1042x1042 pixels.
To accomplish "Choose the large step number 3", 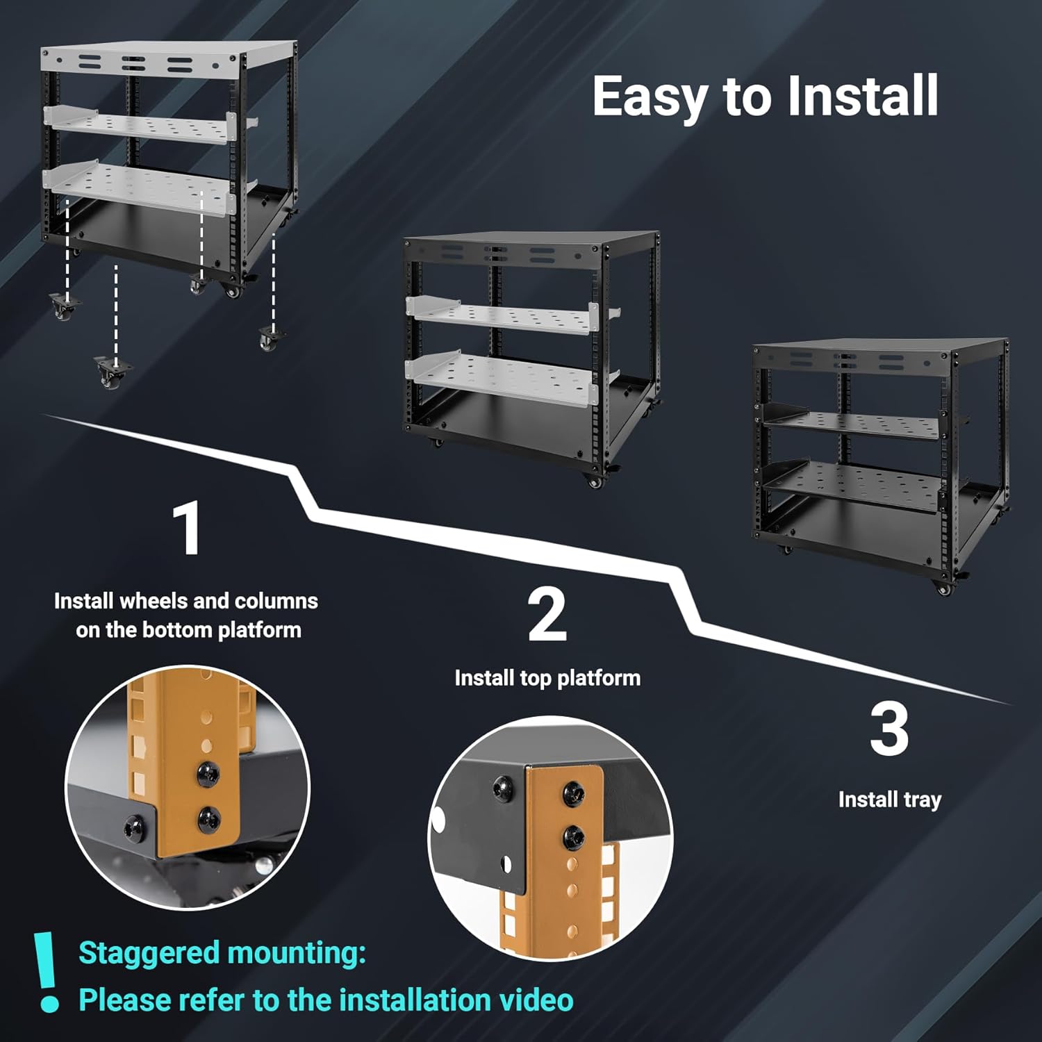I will [x=889, y=730].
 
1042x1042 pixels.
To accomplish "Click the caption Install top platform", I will [x=547, y=678].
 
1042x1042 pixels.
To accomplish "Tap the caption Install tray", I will [x=889, y=800].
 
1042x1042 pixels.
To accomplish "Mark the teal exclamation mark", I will [x=47, y=972].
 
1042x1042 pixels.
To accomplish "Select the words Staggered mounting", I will [x=222, y=953].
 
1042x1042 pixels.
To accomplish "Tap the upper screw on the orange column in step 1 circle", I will [x=207, y=774].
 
